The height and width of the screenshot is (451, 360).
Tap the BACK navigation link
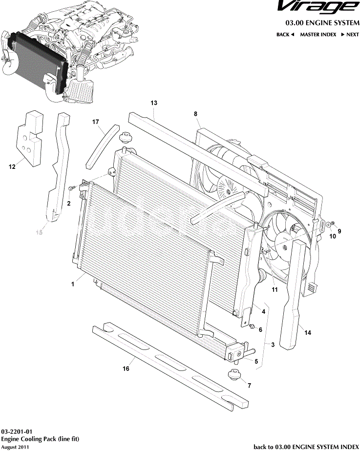coord(285,35)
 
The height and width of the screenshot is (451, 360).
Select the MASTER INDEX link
coord(318,35)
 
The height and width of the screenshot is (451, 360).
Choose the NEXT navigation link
coord(350,35)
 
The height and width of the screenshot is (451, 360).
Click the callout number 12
coord(12,167)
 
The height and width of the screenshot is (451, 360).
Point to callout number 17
coord(96,122)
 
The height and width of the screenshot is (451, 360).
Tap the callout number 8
coord(195,114)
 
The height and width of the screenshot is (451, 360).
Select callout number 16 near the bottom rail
coord(126,369)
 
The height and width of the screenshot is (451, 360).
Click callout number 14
coord(307,333)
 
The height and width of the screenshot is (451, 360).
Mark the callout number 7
coord(249,386)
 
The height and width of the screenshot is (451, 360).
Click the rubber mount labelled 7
coord(233,376)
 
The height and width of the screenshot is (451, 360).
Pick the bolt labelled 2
coord(71,187)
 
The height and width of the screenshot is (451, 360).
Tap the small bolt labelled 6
coord(252,326)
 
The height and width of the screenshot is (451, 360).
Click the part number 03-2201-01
coord(17,432)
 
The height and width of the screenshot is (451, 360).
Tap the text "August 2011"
coord(15,447)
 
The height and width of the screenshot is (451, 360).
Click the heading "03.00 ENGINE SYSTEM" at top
coord(322,23)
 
